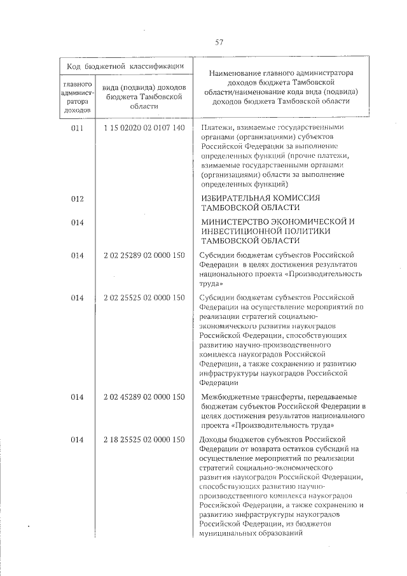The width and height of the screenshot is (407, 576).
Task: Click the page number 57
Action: click(x=219, y=43)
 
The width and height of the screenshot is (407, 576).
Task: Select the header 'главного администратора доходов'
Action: click(x=78, y=97)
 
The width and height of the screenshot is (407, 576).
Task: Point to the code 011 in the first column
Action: click(x=78, y=128)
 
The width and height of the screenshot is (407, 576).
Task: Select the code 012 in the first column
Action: click(x=78, y=199)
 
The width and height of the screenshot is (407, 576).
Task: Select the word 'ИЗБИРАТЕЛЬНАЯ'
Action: click(x=235, y=199)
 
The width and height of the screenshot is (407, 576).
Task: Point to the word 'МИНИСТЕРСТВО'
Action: click(x=233, y=221)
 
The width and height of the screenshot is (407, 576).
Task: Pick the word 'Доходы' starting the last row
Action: click(x=213, y=439)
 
